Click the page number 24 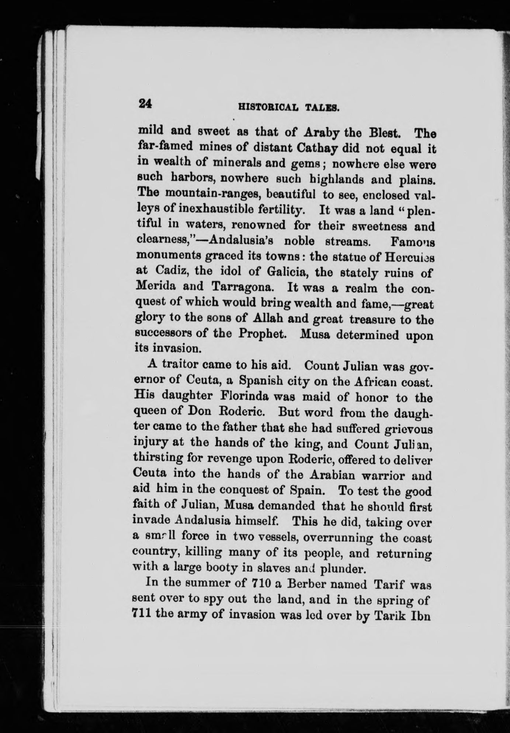(145, 104)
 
